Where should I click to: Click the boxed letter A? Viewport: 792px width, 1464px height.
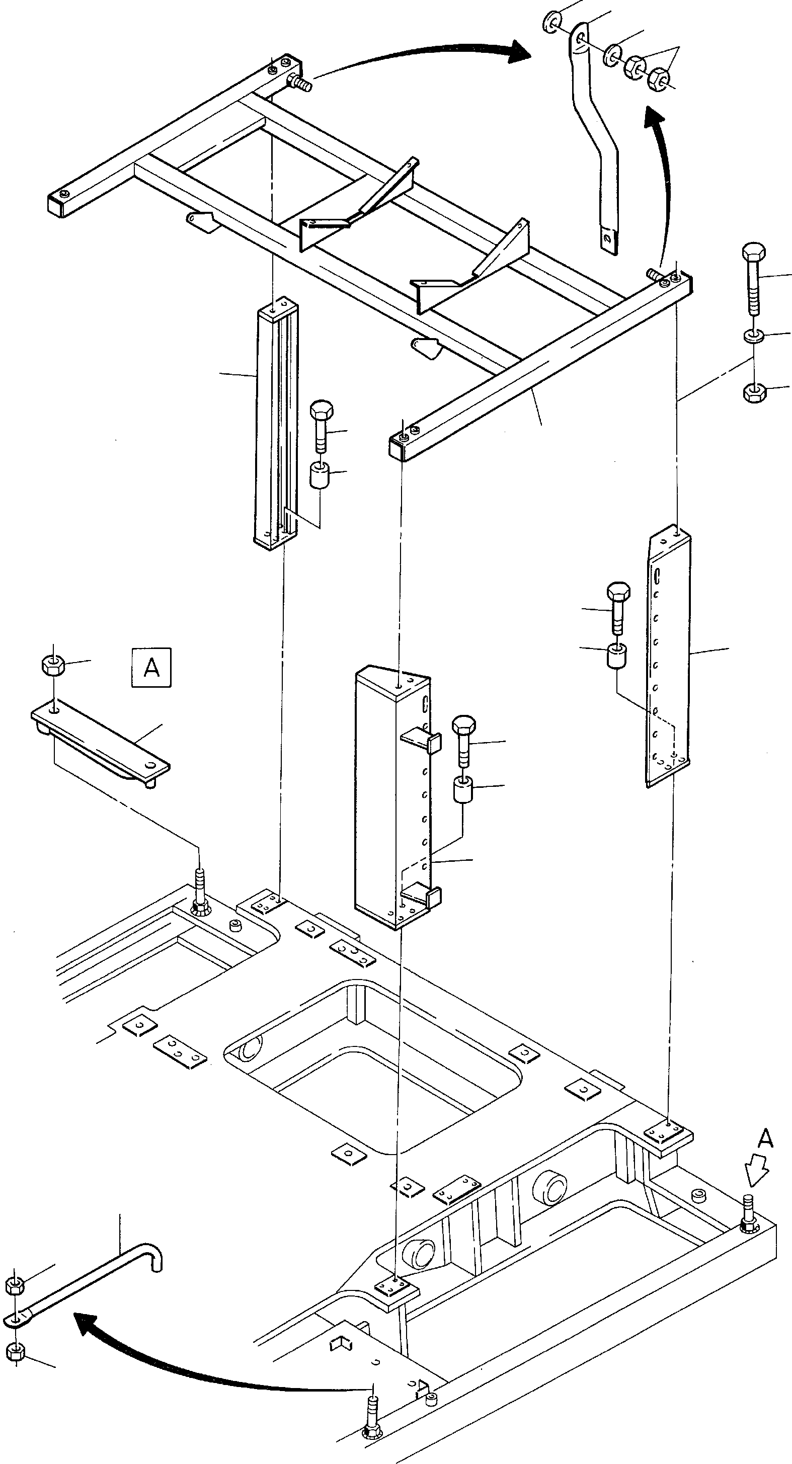coord(151,667)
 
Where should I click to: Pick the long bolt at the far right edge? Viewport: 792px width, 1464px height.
coord(754,279)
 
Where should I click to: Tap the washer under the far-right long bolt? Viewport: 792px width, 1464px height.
coord(754,336)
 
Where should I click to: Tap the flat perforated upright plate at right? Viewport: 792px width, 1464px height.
coord(668,657)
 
